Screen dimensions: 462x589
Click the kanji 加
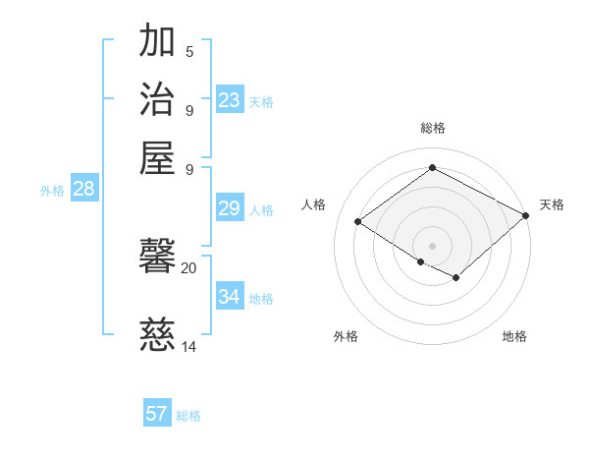[x=157, y=42]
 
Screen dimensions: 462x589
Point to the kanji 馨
[x=157, y=259]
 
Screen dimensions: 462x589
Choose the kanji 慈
[x=157, y=335]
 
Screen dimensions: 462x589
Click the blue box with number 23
[x=230, y=100]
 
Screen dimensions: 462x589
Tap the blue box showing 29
[x=229, y=208]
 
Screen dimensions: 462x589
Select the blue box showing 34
[x=230, y=297]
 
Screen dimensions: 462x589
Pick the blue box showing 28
[x=83, y=190]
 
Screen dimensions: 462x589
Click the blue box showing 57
[x=157, y=414]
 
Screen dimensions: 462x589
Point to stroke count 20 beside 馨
[x=188, y=267]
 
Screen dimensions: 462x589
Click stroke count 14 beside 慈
[x=188, y=346]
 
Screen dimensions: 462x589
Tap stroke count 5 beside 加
[x=189, y=52]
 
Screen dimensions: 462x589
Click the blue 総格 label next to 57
[x=188, y=416]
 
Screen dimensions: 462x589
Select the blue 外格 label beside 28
[x=51, y=191]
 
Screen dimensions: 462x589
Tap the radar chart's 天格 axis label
[x=552, y=204]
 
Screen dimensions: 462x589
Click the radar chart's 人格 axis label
[x=313, y=204]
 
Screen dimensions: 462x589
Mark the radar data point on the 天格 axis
[x=526, y=215]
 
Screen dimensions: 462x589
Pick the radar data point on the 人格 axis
[x=358, y=222]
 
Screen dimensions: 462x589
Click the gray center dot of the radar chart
[x=432, y=245]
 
